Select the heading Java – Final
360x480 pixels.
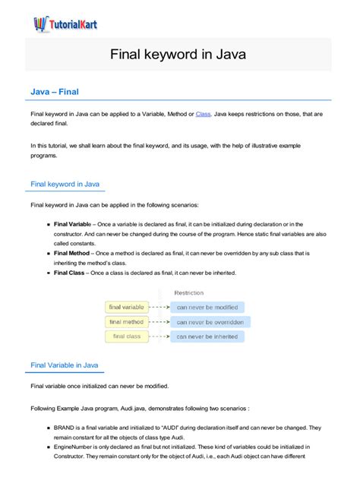55,92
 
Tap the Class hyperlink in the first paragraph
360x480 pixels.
203,114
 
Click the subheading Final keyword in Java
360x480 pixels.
64,184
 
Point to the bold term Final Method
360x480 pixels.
71,252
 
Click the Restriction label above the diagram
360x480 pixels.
188,292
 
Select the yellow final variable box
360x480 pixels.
126,308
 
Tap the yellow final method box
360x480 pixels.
126,322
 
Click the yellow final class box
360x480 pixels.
126,336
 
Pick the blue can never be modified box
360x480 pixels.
207,308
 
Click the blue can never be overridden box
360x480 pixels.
207,322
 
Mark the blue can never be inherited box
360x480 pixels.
207,336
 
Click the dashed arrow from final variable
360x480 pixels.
158,308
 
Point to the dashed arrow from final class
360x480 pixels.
158,336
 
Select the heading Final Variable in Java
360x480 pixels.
64,365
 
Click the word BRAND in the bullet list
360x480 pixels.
65,428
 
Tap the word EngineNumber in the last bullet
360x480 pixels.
74,449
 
